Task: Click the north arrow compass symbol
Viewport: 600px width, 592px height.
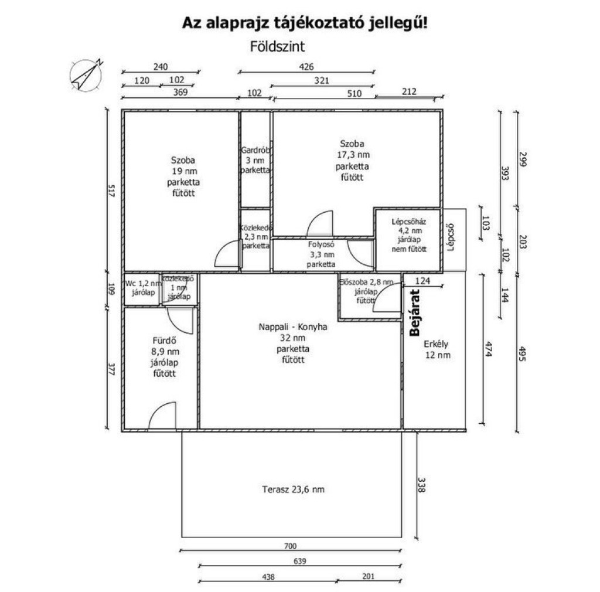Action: pos(87,75)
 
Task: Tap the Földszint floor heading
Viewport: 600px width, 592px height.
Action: pos(277,47)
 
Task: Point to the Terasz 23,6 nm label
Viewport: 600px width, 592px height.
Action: pos(294,489)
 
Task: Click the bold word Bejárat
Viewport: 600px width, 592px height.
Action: pos(415,313)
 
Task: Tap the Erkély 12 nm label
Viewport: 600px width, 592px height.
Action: pos(437,349)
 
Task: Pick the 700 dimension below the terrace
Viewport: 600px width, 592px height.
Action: pos(291,546)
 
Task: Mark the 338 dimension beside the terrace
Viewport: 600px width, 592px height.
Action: pos(421,484)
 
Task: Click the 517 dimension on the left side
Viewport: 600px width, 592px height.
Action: pos(112,190)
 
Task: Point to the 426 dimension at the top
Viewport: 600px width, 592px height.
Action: pos(306,67)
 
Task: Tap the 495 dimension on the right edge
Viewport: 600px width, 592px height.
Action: pos(523,353)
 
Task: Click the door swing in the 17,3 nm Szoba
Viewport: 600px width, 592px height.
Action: pos(320,223)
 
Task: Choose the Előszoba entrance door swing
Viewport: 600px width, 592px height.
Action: pos(387,297)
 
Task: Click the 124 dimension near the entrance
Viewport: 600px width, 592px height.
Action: pos(422,281)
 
